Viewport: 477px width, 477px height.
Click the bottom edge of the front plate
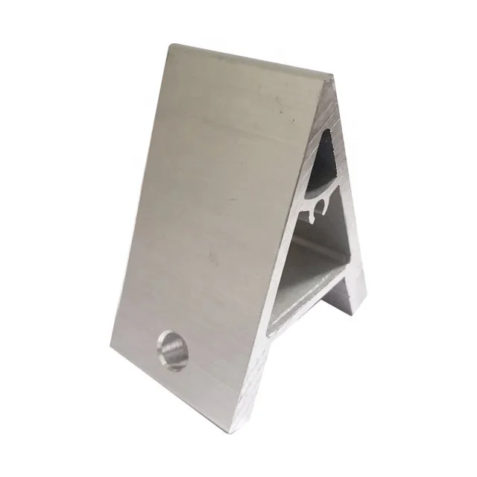point(186,395)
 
